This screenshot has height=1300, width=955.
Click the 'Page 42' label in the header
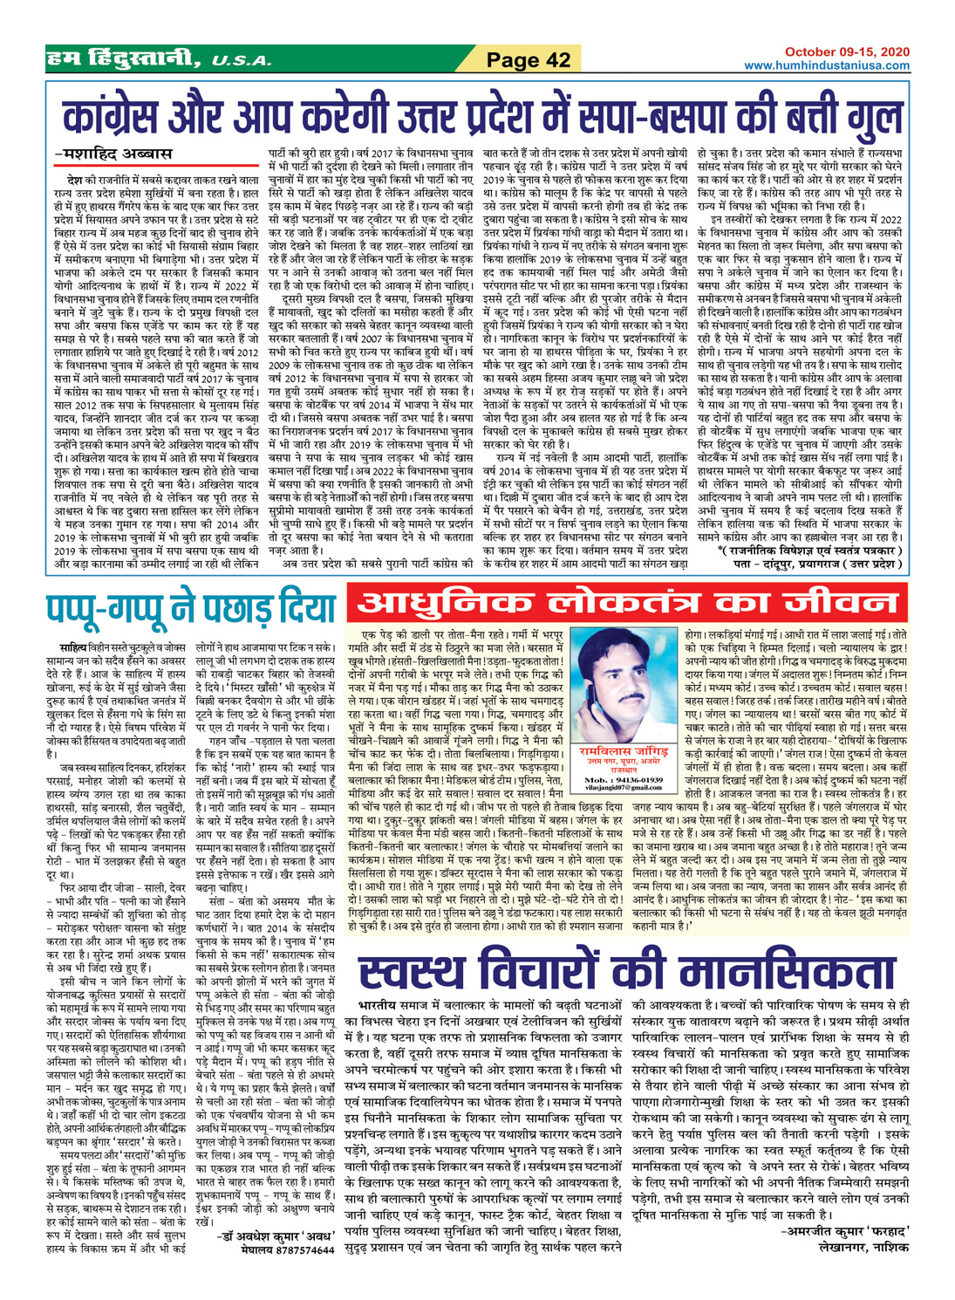[529, 59]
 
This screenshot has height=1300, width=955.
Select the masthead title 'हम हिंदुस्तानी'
[122, 59]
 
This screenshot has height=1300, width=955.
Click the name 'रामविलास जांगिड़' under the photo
[626, 751]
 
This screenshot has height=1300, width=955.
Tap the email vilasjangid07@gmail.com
[624, 787]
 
